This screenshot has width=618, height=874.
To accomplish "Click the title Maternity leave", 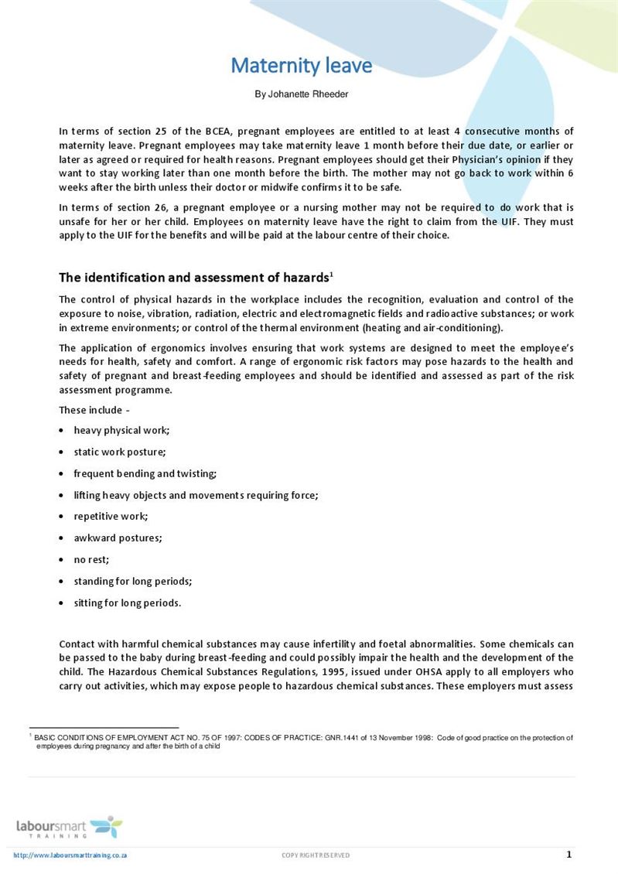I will coord(301,66).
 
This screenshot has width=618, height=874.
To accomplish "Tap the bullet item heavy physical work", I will coord(121,430).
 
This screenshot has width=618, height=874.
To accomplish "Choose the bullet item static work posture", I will coord(119,452).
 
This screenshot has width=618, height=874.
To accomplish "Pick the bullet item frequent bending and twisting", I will coord(145,473).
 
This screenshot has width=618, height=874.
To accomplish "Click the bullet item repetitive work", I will coord(110,516).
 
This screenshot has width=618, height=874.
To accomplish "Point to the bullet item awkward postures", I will coord(118,538).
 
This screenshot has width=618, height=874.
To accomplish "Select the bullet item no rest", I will coord(91,559).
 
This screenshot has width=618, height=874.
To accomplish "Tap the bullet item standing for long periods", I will coord(132,581).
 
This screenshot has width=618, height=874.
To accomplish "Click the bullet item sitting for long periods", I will coord(127,603).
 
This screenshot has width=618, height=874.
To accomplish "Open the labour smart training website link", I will coord(70,855).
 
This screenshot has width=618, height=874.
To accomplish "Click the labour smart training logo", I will coord(69,828).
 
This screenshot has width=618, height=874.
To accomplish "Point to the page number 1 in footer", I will coord(569,855).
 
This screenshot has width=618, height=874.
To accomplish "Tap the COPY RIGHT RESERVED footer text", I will coord(316,855).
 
